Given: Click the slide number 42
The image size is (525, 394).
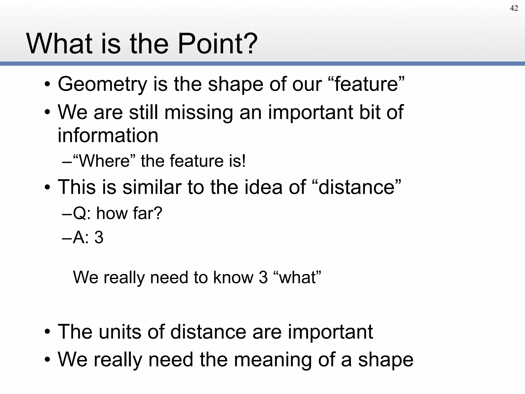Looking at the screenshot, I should pyautogui.click(x=514, y=8).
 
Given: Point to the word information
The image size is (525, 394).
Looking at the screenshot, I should pyautogui.click(x=108, y=135).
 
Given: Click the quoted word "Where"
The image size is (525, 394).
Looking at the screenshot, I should pyautogui.click(x=104, y=161).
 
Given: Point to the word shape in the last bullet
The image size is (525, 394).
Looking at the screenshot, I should pyautogui.click(x=386, y=359).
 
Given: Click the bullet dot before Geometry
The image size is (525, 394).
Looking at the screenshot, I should pyautogui.click(x=47, y=85).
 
